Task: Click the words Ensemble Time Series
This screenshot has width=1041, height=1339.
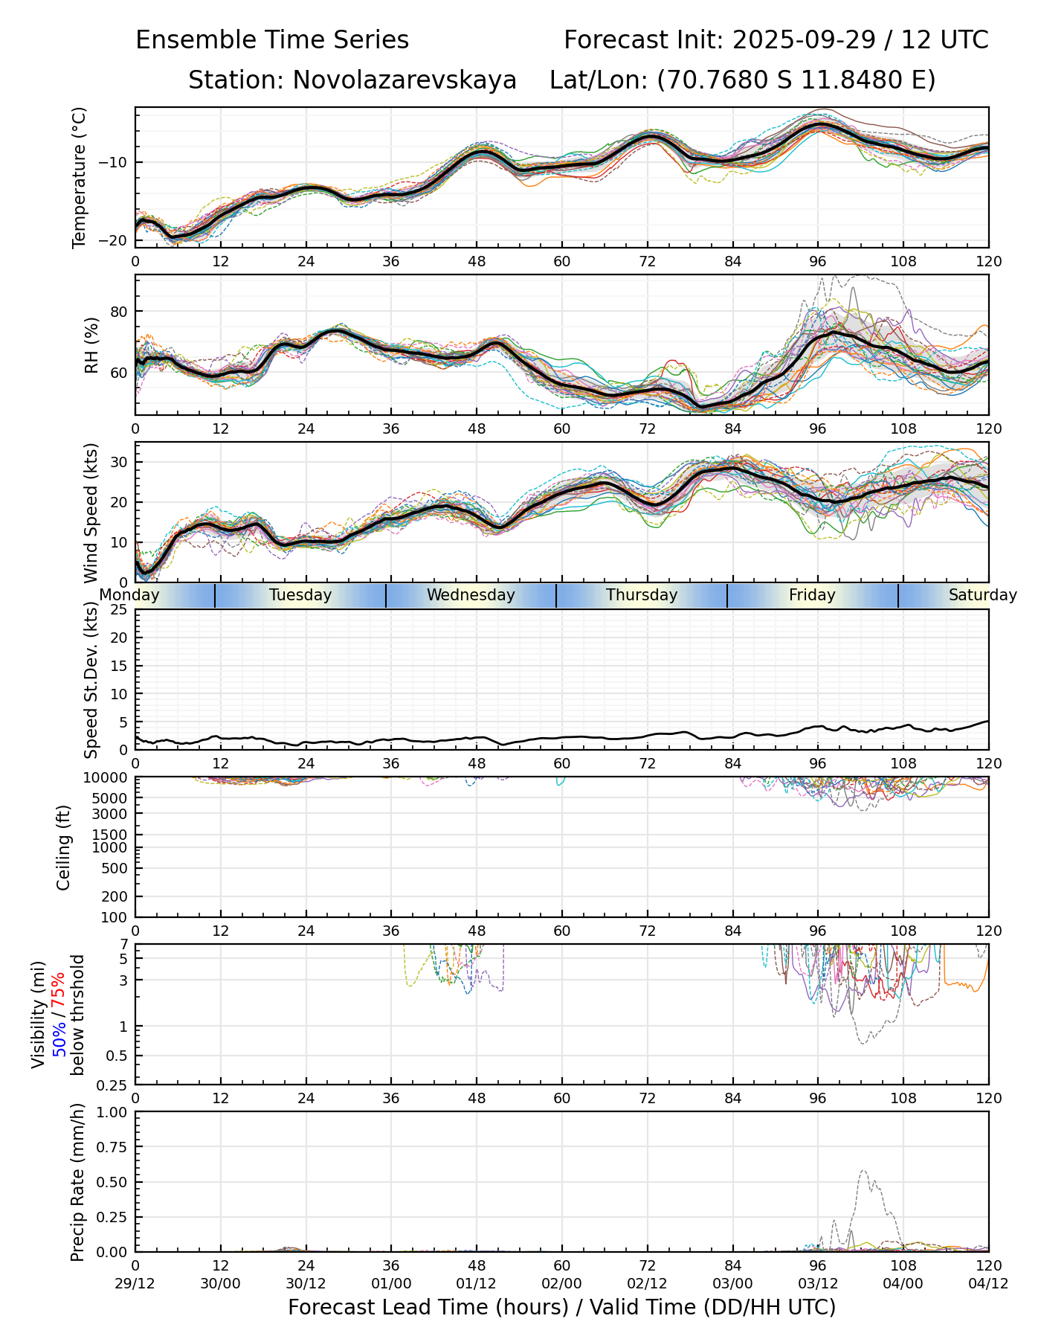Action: [272, 40]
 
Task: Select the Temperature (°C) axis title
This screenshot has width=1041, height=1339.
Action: [80, 177]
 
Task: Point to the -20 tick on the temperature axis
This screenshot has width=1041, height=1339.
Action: [118, 240]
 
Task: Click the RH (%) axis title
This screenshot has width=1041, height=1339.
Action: [91, 345]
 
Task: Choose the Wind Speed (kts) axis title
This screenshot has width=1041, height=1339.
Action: [91, 513]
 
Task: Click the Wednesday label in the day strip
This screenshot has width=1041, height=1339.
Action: [471, 595]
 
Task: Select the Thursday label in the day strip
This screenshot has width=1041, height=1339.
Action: [642, 595]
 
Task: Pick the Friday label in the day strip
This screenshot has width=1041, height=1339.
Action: [812, 595]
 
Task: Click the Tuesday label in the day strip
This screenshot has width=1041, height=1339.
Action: [300, 595]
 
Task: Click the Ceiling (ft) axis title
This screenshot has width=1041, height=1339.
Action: [64, 847]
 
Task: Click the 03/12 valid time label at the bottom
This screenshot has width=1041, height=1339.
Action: [818, 1283]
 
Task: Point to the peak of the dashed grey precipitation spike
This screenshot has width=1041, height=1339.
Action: [863, 1170]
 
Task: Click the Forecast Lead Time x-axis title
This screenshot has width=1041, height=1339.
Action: [561, 1307]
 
